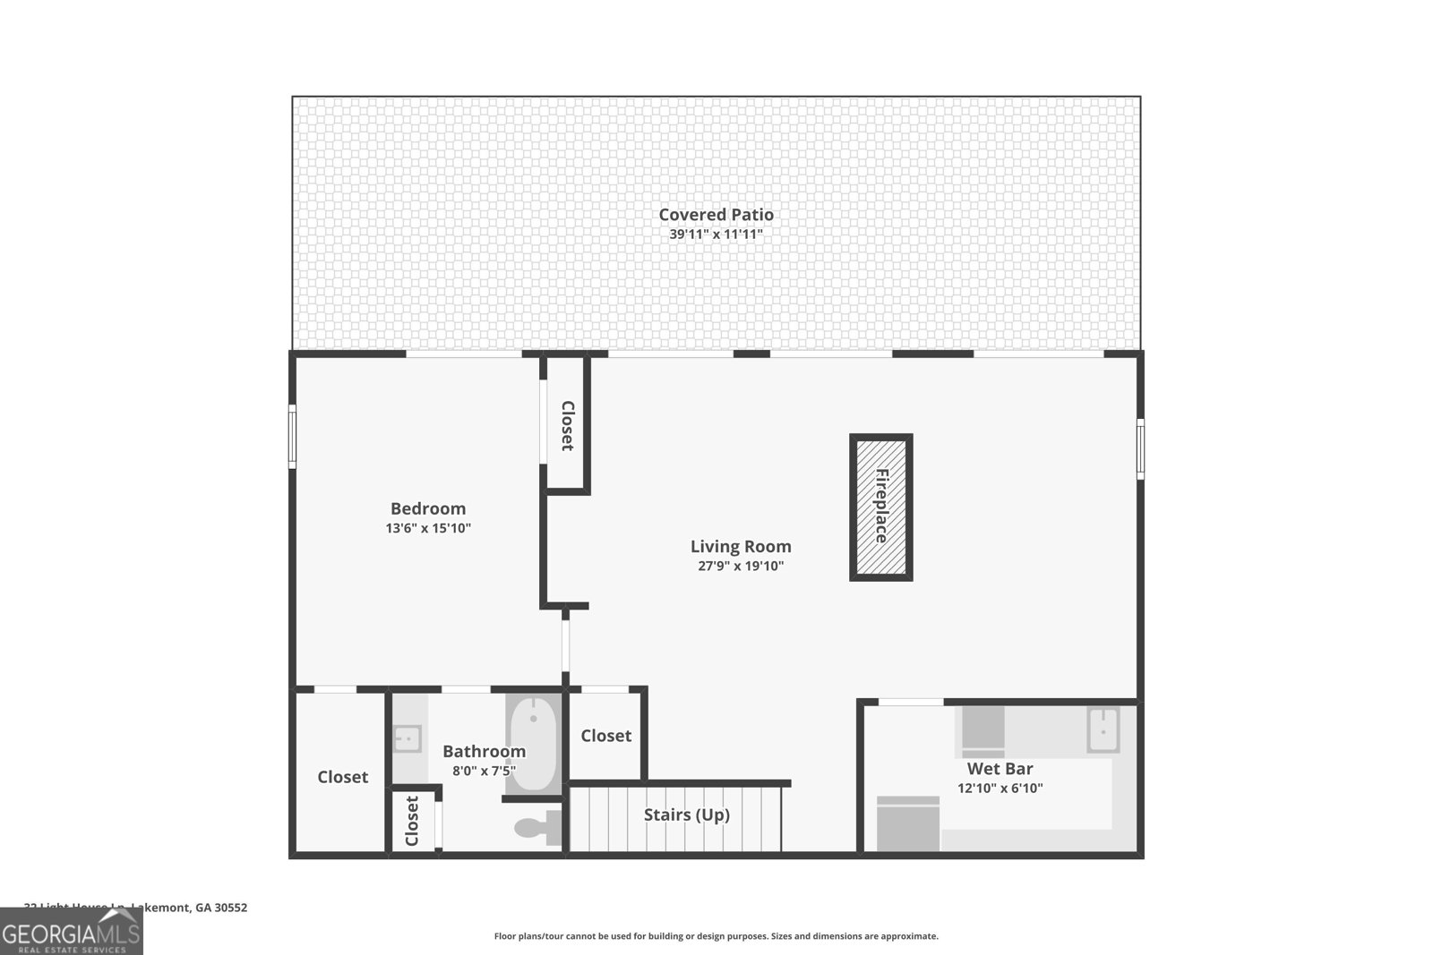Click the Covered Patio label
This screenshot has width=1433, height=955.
tap(716, 215)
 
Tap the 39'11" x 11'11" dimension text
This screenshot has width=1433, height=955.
tap(716, 234)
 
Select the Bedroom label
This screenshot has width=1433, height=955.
tap(428, 509)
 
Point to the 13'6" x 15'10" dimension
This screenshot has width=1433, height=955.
tap(428, 528)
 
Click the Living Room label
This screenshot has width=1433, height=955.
tap(741, 546)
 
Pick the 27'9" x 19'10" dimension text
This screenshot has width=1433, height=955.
tap(741, 566)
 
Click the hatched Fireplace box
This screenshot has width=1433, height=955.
tap(880, 507)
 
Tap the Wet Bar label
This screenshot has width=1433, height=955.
tap(1000, 769)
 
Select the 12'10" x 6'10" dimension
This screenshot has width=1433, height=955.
tap(1000, 789)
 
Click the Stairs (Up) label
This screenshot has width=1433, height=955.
tap(686, 814)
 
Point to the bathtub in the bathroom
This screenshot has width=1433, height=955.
tap(533, 743)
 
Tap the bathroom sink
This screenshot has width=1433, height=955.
tap(408, 738)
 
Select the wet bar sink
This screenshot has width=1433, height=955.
tap(1103, 729)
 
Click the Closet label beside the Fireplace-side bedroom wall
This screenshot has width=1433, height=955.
tap(567, 425)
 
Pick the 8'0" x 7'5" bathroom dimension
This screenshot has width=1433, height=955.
tap(484, 771)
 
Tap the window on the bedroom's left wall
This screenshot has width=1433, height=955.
tap(292, 437)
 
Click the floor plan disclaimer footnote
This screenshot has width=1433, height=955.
tap(716, 936)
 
